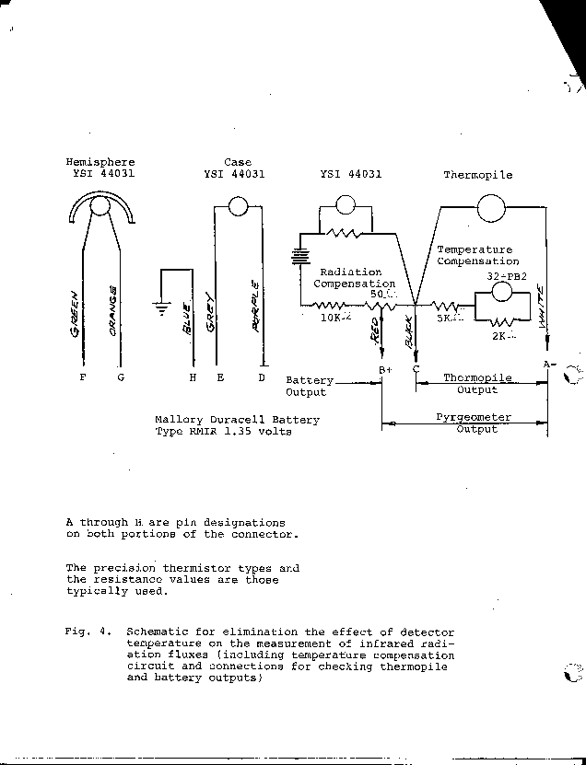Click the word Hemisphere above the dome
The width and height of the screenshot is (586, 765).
point(94,162)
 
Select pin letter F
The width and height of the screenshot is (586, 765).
point(84,376)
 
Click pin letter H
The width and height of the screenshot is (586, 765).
point(193,376)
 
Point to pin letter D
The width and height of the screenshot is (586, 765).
point(262,376)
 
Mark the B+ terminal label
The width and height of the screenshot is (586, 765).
point(386,369)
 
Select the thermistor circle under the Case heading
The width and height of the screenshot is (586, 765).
point(239,205)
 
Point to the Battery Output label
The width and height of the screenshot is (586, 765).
point(309,386)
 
